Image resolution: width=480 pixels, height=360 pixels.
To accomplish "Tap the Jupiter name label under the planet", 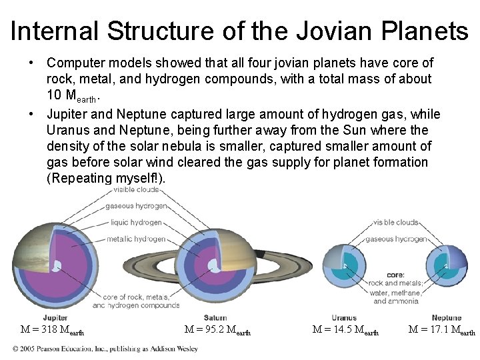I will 55,317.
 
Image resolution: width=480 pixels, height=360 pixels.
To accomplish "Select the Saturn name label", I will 215,317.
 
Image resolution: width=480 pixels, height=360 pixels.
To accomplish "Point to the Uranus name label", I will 343,317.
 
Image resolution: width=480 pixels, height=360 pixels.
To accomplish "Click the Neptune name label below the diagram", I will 446,317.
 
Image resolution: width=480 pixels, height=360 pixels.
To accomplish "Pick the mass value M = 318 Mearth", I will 52,329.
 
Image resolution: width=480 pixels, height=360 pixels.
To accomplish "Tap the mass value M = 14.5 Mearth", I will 345,329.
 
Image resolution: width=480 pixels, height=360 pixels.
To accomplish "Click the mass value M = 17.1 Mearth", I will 442,329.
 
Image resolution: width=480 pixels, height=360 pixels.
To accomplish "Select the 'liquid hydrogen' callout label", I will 136,223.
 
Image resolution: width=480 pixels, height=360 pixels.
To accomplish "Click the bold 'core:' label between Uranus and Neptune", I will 395,275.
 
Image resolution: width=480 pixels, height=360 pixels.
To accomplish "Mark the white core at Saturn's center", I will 213,266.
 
